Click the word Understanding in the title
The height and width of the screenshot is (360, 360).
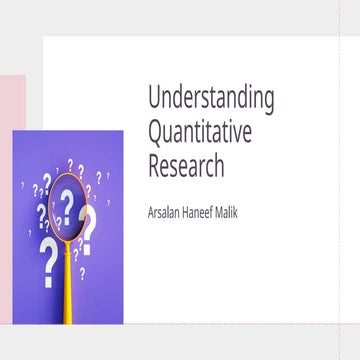[211, 99]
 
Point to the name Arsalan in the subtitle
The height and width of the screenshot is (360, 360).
[165, 211]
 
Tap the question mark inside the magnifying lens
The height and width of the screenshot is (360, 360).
[67, 204]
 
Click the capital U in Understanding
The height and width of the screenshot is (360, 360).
[153, 99]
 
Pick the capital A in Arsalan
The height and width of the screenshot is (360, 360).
[150, 211]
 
